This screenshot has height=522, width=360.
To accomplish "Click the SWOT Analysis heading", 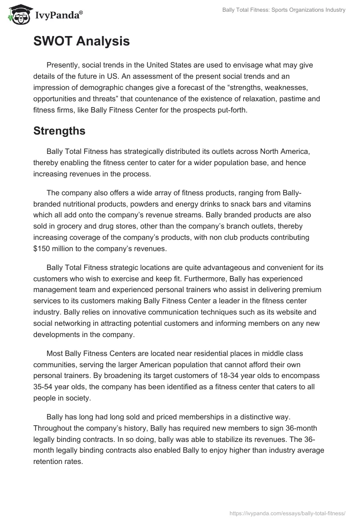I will click(x=81, y=41).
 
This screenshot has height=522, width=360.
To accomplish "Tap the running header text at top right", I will click(x=284, y=10).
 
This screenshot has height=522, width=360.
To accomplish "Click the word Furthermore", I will click(x=209, y=279).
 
